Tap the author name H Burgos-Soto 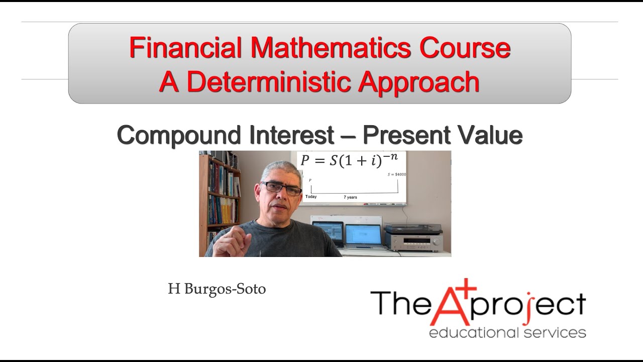coord(217,289)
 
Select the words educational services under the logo coord(507,332)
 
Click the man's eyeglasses coord(281,188)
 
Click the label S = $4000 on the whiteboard coord(397,174)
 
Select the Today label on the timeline coord(311,197)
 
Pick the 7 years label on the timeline coord(350,197)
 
